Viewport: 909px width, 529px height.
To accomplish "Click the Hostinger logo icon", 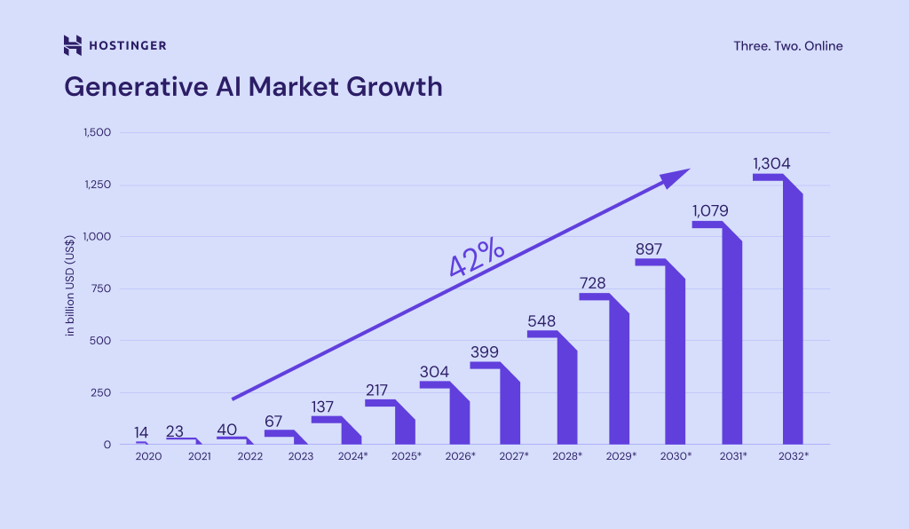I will (x=73, y=45).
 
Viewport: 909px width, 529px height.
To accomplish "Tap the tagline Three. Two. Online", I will (x=787, y=46).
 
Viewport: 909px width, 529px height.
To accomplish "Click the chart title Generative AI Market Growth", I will (x=253, y=86).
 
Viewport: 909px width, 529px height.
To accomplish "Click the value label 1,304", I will (x=771, y=163).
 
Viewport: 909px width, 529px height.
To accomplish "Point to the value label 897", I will (x=650, y=249).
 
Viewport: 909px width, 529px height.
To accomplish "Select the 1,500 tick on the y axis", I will (x=96, y=133).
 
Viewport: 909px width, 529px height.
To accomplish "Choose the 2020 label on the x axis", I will (x=149, y=456).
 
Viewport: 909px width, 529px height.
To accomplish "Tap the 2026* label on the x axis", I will (x=461, y=456).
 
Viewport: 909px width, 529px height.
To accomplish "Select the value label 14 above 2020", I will (x=142, y=432).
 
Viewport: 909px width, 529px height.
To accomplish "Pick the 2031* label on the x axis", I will (x=731, y=456).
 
